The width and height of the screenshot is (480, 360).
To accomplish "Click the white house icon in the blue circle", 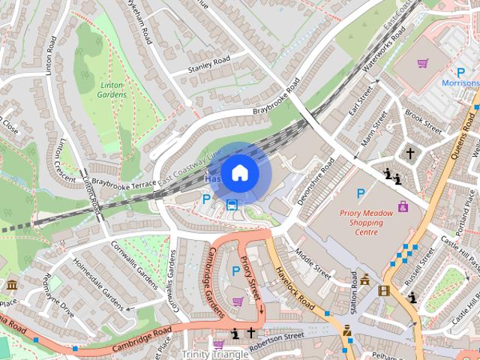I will (239, 172).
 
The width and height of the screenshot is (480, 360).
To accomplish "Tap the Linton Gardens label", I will (112, 90).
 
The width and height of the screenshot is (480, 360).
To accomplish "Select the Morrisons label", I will (460, 82).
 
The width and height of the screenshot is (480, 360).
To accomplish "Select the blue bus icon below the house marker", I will (232, 205).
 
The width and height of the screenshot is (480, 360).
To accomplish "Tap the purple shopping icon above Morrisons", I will (422, 64).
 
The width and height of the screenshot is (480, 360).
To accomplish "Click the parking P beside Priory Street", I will (236, 271).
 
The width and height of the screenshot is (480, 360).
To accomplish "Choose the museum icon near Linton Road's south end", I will (13, 285).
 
